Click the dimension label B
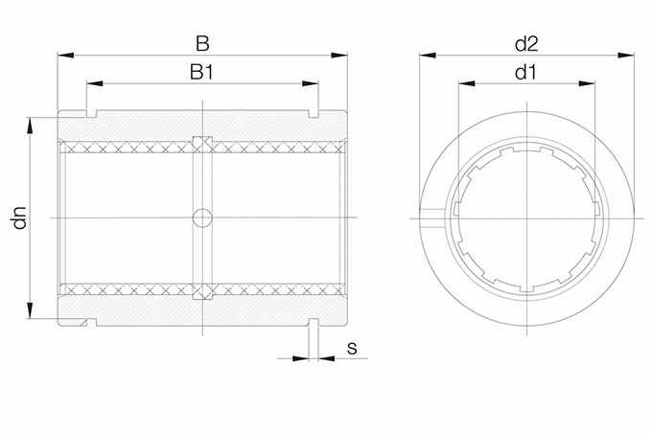(x=202, y=43)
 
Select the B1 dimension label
(x=201, y=72)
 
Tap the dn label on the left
(x=19, y=217)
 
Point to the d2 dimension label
(x=526, y=43)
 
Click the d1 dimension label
(x=525, y=72)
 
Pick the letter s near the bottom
(x=352, y=348)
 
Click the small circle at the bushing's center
(x=202, y=217)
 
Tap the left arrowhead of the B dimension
(x=66, y=55)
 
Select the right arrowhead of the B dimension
(x=338, y=55)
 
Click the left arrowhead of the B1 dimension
(x=95, y=83)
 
